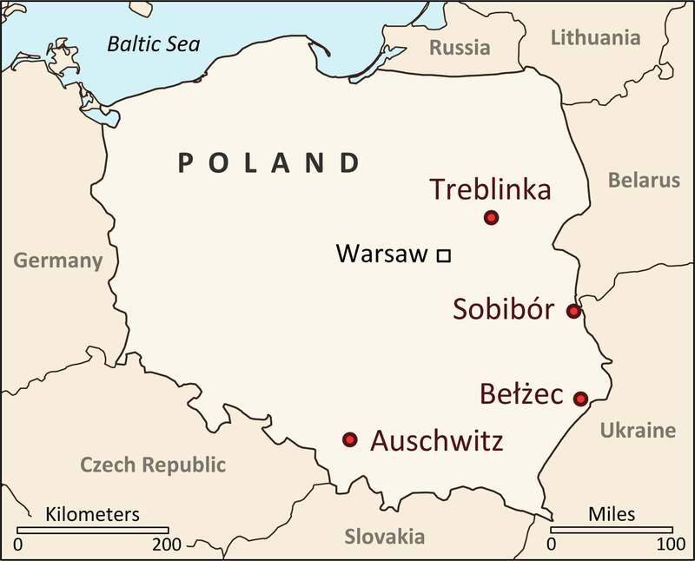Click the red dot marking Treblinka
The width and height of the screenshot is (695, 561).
pyautogui.click(x=491, y=217)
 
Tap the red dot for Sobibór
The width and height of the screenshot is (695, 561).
pyautogui.click(x=573, y=311)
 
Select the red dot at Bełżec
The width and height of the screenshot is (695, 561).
pyautogui.click(x=581, y=399)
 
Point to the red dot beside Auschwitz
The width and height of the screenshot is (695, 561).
pyautogui.click(x=350, y=439)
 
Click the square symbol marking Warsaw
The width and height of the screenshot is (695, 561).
pyautogui.click(x=443, y=255)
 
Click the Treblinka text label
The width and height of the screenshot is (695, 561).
pyautogui.click(x=491, y=188)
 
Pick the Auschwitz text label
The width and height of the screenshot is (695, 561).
pyautogui.click(x=436, y=441)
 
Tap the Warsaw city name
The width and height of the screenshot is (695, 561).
pyautogui.click(x=381, y=254)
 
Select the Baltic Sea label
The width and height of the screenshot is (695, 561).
pyautogui.click(x=153, y=43)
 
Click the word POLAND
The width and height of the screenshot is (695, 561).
pyautogui.click(x=268, y=162)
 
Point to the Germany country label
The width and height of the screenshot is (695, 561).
pyautogui.click(x=58, y=261)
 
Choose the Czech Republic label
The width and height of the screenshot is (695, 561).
pyautogui.click(x=153, y=465)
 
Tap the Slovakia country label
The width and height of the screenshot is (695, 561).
pyautogui.click(x=384, y=536)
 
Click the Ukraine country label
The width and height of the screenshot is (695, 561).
pyautogui.click(x=638, y=430)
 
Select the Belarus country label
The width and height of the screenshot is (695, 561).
pyautogui.click(x=644, y=181)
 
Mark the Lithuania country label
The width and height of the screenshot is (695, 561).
pyautogui.click(x=596, y=37)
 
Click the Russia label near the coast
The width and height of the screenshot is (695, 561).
pyautogui.click(x=460, y=48)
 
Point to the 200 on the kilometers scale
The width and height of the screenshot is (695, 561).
pyautogui.click(x=167, y=545)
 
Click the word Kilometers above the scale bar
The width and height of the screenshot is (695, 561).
pyautogui.click(x=92, y=513)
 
